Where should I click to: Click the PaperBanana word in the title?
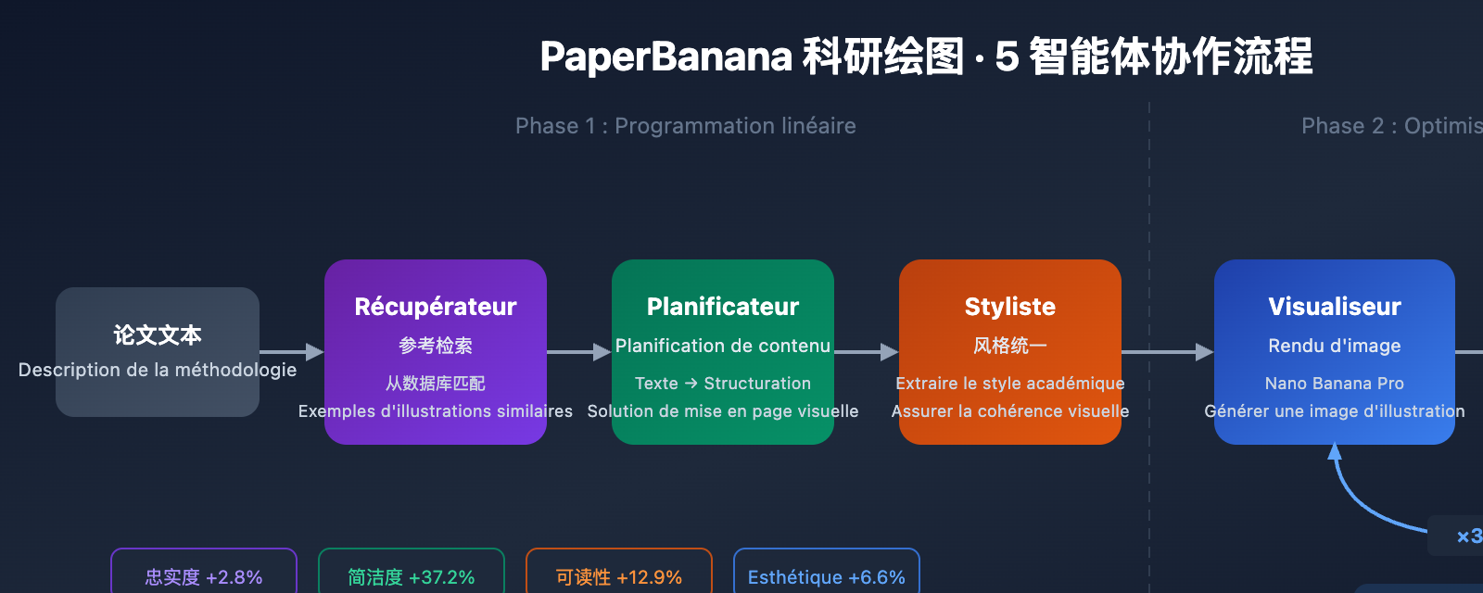pyautogui.click(x=665, y=57)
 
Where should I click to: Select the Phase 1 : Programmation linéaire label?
pyautogui.click(x=686, y=126)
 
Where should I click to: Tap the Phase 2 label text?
pyautogui.click(x=1390, y=126)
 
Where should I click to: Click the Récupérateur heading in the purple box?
pyautogui.click(x=436, y=307)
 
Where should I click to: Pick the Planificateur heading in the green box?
pyautogui.click(x=723, y=307)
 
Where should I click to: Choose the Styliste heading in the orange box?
pyautogui.click(x=1010, y=307)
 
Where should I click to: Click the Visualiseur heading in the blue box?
pyautogui.click(x=1335, y=307)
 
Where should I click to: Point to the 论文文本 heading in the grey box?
pyautogui.click(x=158, y=334)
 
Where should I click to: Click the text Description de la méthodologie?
pyautogui.click(x=158, y=370)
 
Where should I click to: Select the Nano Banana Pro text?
pyautogui.click(x=1335, y=384)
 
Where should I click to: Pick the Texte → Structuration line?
pyautogui.click(x=723, y=384)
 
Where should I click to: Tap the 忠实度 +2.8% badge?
pyautogui.click(x=204, y=576)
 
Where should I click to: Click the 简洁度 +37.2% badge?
pyautogui.click(x=412, y=576)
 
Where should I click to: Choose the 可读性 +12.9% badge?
pyautogui.click(x=619, y=576)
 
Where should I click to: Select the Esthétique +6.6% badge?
pyautogui.click(x=827, y=576)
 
